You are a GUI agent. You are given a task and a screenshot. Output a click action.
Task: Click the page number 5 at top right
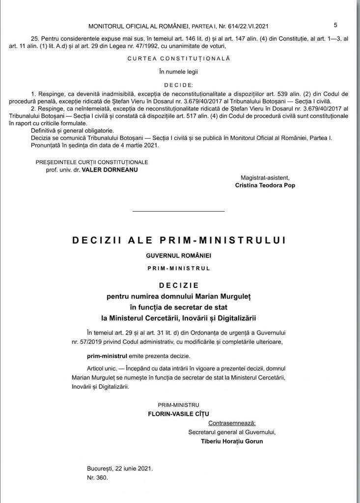tap(335, 25)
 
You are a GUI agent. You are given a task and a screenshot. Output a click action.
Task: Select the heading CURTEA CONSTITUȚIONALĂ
tap(179, 58)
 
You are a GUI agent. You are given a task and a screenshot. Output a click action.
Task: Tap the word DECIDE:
tap(179, 84)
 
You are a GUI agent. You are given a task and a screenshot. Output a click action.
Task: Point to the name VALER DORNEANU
tap(110, 169)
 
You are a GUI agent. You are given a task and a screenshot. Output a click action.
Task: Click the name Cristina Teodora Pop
tap(265, 186)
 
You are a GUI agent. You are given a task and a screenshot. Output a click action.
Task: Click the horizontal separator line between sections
tap(178, 211)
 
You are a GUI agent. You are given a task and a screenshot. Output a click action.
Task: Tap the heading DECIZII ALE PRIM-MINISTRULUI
tap(179, 240)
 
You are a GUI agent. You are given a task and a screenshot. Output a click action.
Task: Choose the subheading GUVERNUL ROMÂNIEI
tap(179, 256)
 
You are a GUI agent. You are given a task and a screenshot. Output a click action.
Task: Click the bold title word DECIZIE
tap(179, 285)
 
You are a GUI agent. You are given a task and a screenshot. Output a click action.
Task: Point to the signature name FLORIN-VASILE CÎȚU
tap(182, 414)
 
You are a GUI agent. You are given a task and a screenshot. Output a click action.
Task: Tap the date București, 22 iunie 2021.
tap(119, 468)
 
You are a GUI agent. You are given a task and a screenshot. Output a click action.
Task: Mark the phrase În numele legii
tap(179, 71)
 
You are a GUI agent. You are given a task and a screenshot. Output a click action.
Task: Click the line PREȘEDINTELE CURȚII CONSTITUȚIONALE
tap(92, 162)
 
